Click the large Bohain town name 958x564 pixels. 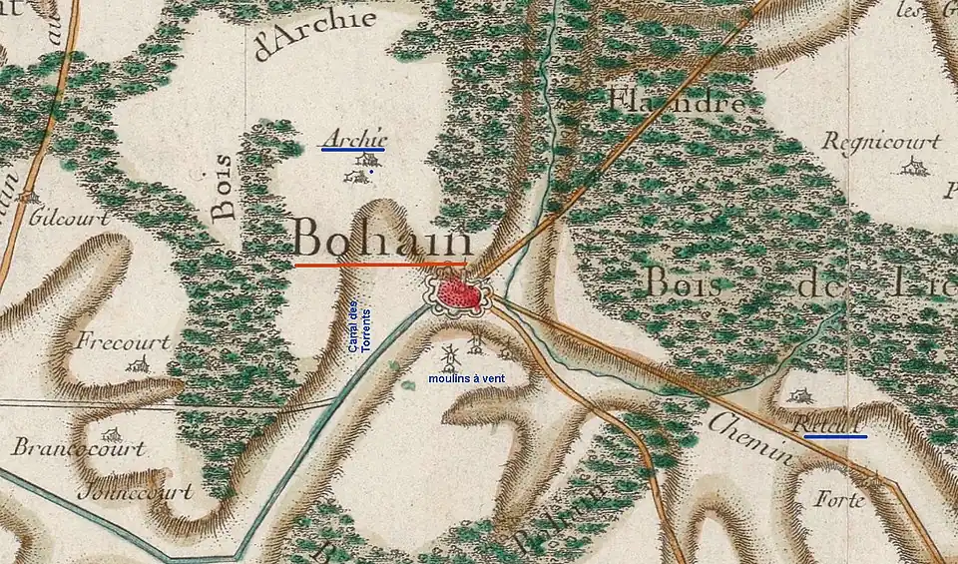pyautogui.click(x=383, y=241)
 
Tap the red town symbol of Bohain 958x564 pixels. pyautogui.click(x=458, y=293)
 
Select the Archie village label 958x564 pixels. pyautogui.click(x=355, y=138)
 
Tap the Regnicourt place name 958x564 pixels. pyautogui.click(x=880, y=142)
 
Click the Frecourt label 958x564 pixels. pyautogui.click(x=123, y=341)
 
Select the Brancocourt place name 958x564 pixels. pyautogui.click(x=79, y=448)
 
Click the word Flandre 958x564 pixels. pyautogui.click(x=676, y=101)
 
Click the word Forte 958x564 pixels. pyautogui.click(x=838, y=499)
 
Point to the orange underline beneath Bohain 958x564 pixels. pyautogui.click(x=380, y=265)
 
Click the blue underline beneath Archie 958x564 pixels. pyautogui.click(x=353, y=150)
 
